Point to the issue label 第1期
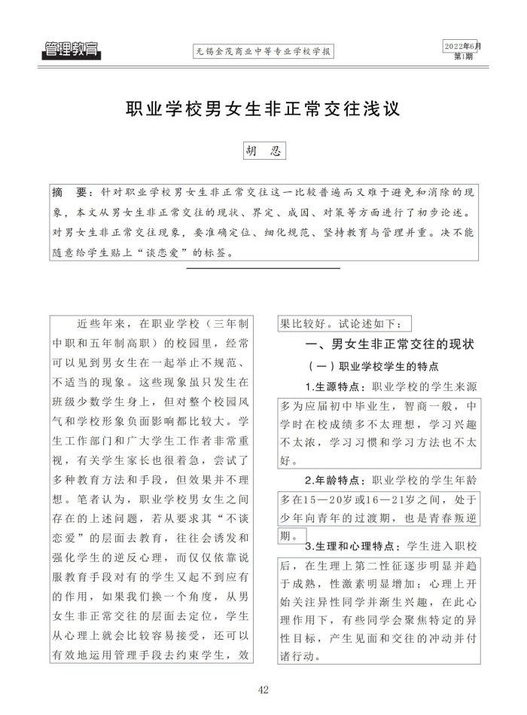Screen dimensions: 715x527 coord(464,57)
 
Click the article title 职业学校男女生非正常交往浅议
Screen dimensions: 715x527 coord(263,108)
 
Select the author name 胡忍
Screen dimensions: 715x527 coord(263,150)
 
